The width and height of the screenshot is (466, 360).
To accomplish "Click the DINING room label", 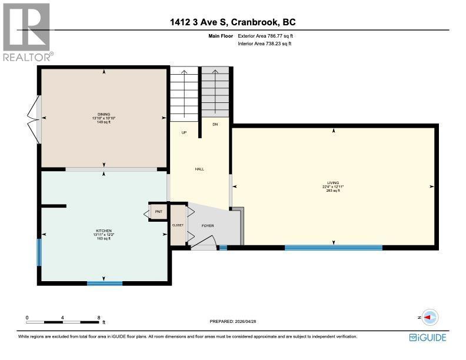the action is coord(104,114).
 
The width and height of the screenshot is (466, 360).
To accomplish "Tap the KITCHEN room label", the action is coord(104,231).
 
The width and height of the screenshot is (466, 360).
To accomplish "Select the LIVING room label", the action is coord(333,183).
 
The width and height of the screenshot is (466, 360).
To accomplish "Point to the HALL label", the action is coord(199,169).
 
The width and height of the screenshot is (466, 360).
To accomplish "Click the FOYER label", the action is coord(208,226).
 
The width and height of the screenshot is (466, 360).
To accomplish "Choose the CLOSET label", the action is coord(178,225).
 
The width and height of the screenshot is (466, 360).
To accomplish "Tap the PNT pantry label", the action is coord(159,212).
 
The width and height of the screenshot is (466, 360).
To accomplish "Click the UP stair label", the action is coord(184,132).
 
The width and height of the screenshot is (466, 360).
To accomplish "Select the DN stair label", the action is coord(215,124).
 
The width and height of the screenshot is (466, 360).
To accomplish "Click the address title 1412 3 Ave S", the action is coord(199,22).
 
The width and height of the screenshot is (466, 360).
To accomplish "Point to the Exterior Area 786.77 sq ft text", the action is coord(265,36).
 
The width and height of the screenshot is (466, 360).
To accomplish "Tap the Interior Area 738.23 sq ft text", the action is coord(265,44).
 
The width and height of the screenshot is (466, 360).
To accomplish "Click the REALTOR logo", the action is coord(28,32).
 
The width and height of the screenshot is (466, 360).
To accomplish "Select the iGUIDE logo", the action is coord(428,338).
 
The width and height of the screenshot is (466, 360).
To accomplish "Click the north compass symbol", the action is coord(430,317).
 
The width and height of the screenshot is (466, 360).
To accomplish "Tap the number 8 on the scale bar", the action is coord(99,318).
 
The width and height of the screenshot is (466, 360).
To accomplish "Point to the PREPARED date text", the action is coord(233,321).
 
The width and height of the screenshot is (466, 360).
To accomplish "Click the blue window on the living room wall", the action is coord(334,248).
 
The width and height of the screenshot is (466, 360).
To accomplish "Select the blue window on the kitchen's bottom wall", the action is coord(105,284).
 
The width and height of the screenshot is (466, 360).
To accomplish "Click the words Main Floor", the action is coord(221,36).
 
